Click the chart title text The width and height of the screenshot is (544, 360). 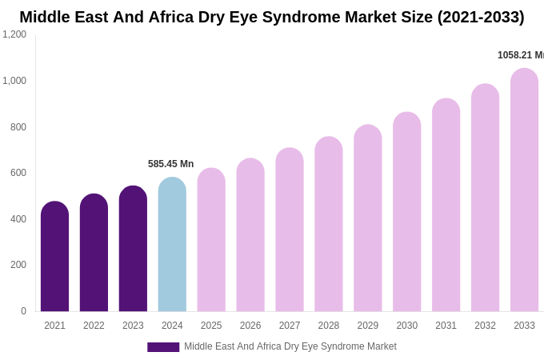[272, 17]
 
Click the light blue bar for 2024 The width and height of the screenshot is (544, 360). [172, 244]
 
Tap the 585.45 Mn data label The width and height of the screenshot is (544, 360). [170, 164]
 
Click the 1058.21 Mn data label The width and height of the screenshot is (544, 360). [520, 55]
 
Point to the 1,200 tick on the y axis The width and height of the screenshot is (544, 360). [14, 34]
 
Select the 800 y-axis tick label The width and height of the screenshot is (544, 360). [18, 126]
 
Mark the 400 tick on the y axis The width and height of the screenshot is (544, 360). [18, 218]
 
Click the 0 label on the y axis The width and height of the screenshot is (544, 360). [23, 311]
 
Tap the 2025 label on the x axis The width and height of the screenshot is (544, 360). [211, 326]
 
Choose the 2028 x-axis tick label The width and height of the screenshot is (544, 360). [329, 326]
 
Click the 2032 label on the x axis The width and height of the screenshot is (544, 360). [485, 326]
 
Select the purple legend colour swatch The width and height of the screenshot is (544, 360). [163, 347]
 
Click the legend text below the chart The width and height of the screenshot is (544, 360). [290, 346]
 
